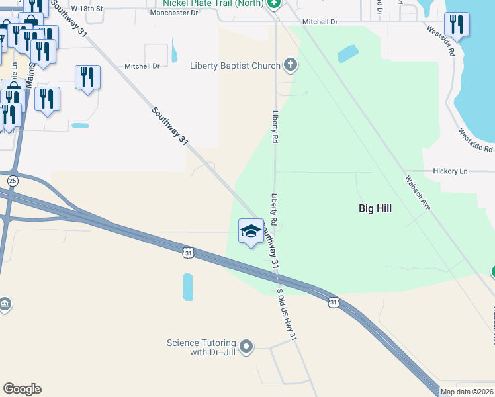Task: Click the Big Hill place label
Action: click(x=375, y=208)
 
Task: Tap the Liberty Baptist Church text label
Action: click(x=234, y=66)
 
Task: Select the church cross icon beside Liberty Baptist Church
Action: click(x=290, y=65)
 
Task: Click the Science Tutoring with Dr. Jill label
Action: click(x=201, y=347)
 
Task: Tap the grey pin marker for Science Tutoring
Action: click(x=246, y=346)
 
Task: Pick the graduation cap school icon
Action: click(x=251, y=231)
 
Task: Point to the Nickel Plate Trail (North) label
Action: click(x=206, y=3)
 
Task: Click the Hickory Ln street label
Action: click(x=450, y=171)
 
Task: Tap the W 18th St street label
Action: click(x=87, y=8)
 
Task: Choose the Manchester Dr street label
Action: click(x=175, y=13)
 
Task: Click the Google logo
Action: click(x=22, y=389)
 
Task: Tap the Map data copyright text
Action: click(x=467, y=392)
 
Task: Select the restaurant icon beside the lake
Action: click(x=456, y=24)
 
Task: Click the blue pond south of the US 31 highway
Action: click(x=188, y=287)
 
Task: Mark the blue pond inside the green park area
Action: click(x=347, y=53)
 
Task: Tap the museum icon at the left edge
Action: click(x=5, y=304)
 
